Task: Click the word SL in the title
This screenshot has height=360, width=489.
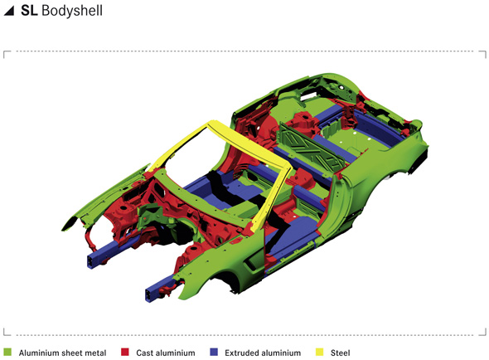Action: pos(29,10)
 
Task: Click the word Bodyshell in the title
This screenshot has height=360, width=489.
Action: pos(72,10)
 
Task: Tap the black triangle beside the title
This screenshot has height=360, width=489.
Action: pos(9,11)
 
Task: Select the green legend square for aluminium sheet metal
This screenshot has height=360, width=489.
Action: pos(7,353)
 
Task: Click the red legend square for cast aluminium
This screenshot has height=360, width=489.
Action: pos(125,353)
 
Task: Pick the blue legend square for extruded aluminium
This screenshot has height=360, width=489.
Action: pos(214,353)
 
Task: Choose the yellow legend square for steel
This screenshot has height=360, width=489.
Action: pos(319,353)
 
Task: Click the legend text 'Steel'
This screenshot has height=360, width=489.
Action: pos(341,353)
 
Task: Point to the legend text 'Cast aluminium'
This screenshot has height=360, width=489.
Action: pos(166,353)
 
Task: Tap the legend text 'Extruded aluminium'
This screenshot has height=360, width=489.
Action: pos(263,353)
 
